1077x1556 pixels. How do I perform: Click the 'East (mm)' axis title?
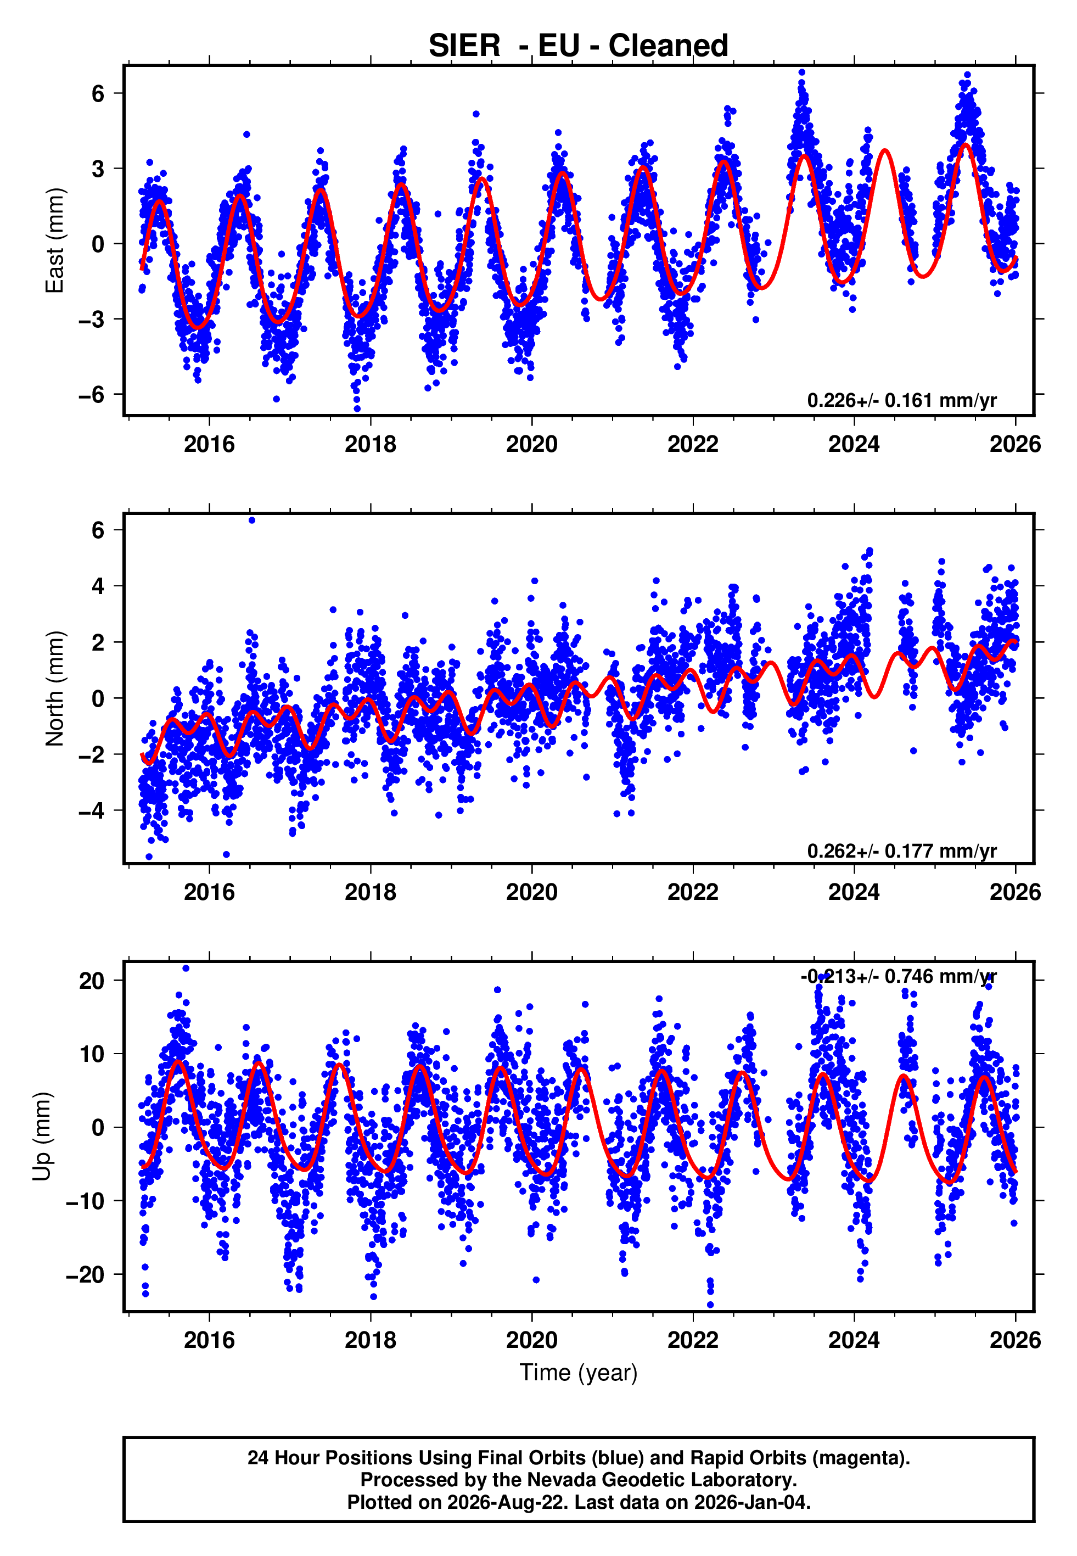55,240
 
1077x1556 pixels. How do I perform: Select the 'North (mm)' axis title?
55,689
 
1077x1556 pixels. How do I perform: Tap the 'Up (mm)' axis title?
42,1137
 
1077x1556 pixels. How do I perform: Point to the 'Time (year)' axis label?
579,1373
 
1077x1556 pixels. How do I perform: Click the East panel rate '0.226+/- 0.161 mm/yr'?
901,400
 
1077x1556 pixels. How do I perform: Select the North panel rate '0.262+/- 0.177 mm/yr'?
901,851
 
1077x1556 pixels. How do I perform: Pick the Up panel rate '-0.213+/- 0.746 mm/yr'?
898,976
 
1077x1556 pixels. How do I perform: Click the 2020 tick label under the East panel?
532,444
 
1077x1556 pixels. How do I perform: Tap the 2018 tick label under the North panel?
371,892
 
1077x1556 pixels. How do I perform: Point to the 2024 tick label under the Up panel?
854,1340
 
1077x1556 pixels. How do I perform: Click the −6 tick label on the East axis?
91,394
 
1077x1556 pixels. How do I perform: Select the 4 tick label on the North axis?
98,586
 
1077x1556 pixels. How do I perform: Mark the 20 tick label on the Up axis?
92,980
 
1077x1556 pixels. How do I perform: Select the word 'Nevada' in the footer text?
559,1480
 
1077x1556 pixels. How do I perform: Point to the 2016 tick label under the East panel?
209,444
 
